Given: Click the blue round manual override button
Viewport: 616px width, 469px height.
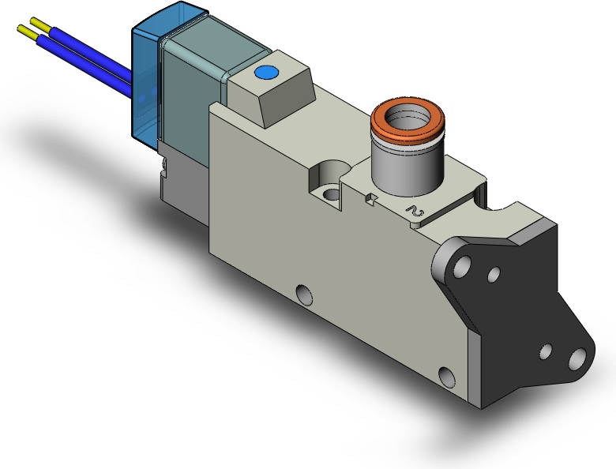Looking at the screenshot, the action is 266,73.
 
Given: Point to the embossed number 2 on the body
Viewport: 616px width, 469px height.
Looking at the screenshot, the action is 415,212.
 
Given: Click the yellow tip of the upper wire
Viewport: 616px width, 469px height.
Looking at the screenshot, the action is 39,23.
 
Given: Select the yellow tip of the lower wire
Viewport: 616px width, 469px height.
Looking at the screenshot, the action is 27,32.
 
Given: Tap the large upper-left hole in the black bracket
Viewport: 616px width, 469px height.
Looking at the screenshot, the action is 462,266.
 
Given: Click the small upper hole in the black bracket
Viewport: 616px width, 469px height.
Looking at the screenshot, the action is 494,274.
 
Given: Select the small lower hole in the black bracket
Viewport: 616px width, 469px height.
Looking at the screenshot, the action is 545,352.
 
